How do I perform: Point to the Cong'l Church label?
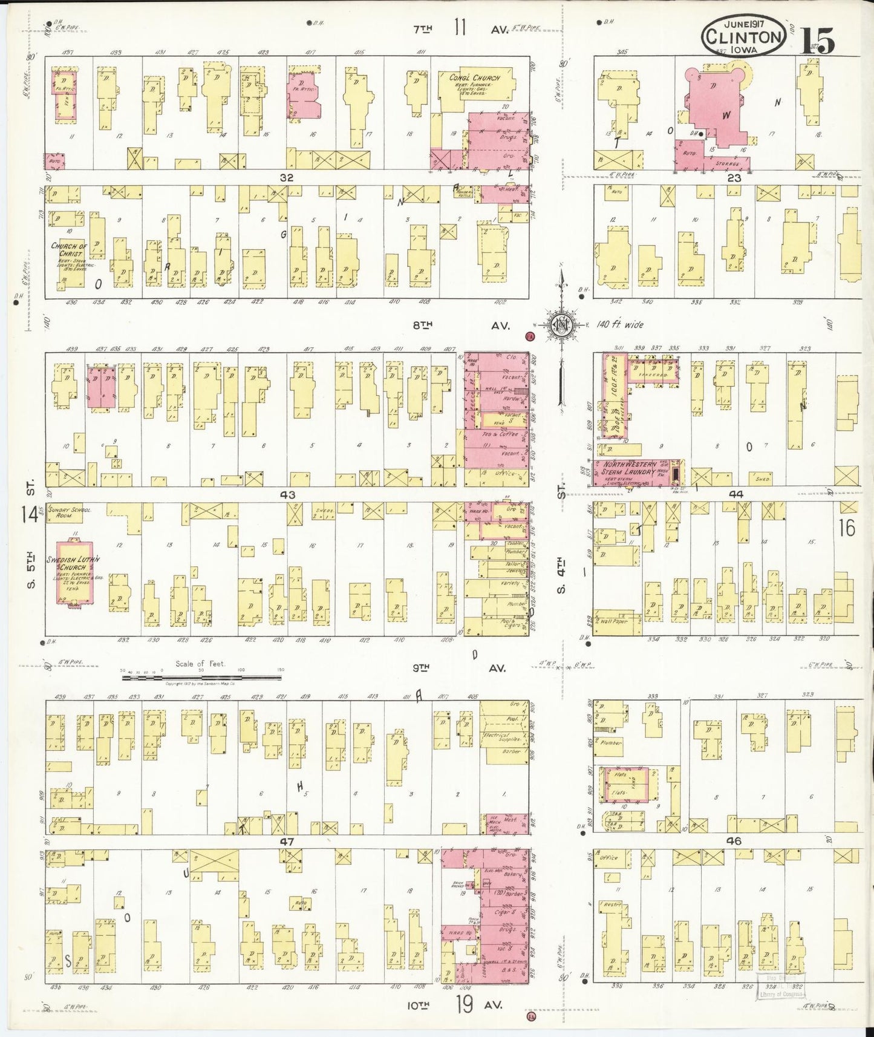coord(475,77)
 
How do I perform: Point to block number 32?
coord(286,178)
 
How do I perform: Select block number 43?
coord(287,495)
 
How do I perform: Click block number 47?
coord(287,841)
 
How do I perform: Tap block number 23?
coord(734,178)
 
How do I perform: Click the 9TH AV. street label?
coord(460,669)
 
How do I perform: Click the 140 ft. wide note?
coord(620,325)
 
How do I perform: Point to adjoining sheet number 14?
coord(29,514)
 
